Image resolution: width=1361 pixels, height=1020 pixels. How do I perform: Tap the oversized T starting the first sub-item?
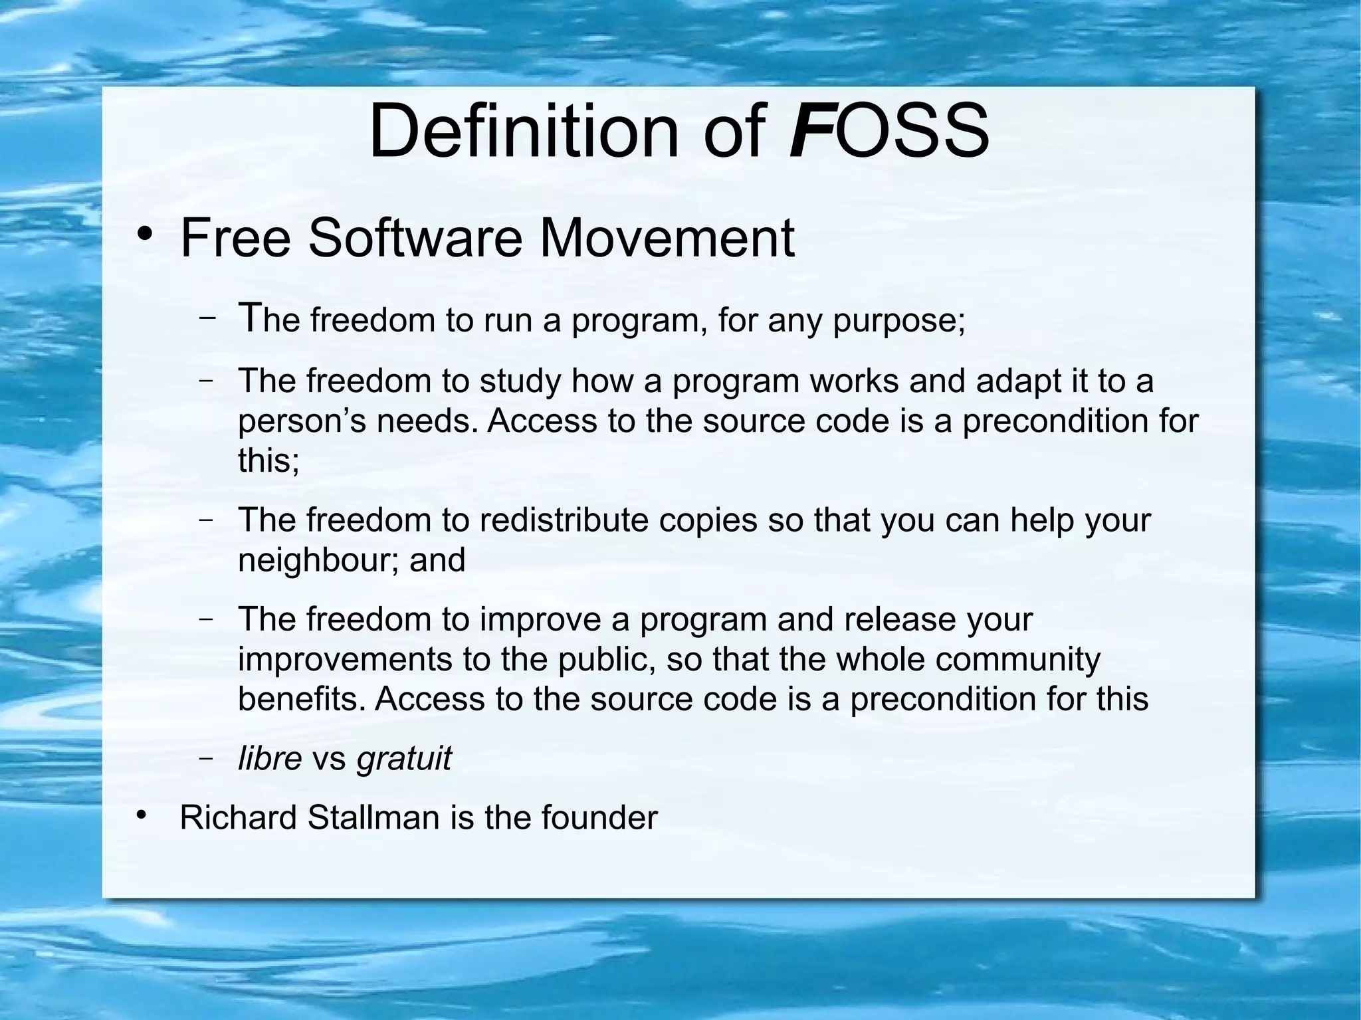(248, 318)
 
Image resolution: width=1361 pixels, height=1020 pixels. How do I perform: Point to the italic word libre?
(270, 758)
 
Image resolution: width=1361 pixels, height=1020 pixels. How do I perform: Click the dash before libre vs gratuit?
(207, 758)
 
